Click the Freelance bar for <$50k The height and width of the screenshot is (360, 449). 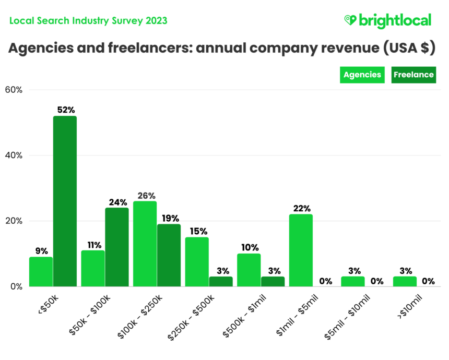[x=65, y=201]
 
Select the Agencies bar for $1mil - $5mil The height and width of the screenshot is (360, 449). [x=301, y=250]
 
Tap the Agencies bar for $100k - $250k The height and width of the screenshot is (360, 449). [x=145, y=244]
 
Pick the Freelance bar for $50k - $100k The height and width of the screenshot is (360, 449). [x=117, y=247]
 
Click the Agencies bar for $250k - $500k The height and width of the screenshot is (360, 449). [x=197, y=261]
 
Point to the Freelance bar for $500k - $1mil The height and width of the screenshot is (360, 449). [x=273, y=281]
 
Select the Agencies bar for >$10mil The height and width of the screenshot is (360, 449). [x=405, y=281]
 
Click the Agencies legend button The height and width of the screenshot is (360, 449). [x=362, y=75]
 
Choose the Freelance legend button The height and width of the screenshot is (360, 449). [x=413, y=75]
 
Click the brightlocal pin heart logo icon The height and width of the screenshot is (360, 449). [x=350, y=20]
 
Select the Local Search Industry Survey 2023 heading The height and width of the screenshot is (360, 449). [x=89, y=20]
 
